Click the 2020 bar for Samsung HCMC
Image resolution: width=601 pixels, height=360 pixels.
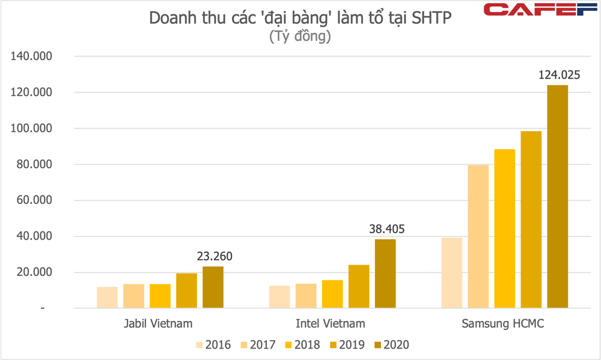click(x=557, y=197)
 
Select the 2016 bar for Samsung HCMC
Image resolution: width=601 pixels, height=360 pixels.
click(x=451, y=273)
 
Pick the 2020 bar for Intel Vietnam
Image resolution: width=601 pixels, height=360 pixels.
click(x=385, y=273)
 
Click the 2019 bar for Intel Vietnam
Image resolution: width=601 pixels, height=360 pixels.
click(x=359, y=286)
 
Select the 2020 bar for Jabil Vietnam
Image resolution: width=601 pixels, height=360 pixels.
click(x=213, y=287)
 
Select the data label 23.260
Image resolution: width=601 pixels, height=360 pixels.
click(x=214, y=257)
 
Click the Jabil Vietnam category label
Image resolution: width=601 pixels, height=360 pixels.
click(x=159, y=324)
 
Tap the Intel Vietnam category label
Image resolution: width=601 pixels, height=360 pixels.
click(x=331, y=324)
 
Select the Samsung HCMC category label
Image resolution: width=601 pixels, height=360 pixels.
click(x=502, y=324)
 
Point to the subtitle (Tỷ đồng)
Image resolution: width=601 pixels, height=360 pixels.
click(x=300, y=37)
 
